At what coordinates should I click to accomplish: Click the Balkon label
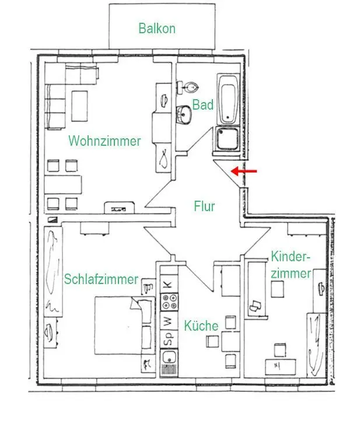(x=156, y=28)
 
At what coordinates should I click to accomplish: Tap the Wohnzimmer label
(x=104, y=141)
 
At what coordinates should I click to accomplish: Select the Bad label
(x=204, y=106)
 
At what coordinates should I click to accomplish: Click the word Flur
(x=204, y=206)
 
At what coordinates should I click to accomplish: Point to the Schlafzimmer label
(x=102, y=279)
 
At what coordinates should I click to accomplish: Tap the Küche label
(x=201, y=325)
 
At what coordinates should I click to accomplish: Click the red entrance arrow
(x=243, y=171)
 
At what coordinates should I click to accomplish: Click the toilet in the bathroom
(x=190, y=88)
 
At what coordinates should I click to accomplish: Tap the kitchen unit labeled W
(x=167, y=320)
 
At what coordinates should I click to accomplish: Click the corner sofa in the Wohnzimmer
(x=64, y=93)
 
